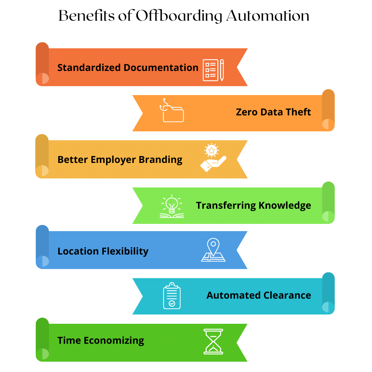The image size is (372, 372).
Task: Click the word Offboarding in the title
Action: [179, 16]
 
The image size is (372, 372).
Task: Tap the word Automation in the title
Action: [268, 16]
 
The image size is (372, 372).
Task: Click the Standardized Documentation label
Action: [128, 68]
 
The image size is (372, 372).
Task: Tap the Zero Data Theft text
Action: [273, 112]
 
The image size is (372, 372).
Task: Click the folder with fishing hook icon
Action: [172, 111]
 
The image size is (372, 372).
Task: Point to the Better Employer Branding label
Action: [120, 160]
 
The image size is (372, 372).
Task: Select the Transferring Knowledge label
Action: [254, 206]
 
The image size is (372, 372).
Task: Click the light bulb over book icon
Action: [172, 206]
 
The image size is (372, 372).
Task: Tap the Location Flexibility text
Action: [103, 251]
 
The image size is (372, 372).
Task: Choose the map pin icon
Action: [213, 250]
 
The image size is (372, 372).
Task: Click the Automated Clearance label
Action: [259, 296]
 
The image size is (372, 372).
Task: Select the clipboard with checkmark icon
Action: [172, 296]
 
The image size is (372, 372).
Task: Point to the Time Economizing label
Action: [101, 340]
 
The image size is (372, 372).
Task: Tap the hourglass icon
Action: [213, 341]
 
